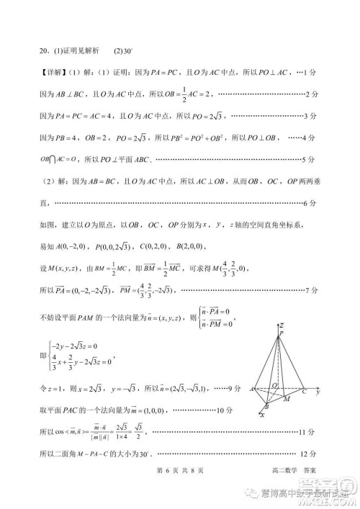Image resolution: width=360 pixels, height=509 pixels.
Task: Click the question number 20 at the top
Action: pos(44,51)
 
